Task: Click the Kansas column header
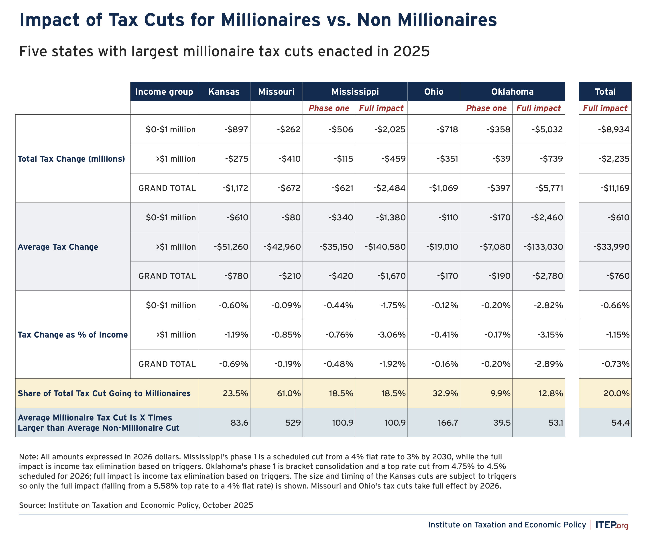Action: pyautogui.click(x=224, y=92)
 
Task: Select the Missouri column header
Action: pyautogui.click(x=276, y=92)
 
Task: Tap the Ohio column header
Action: pyautogui.click(x=433, y=92)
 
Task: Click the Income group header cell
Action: pyautogui.click(x=164, y=92)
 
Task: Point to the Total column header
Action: pyautogui.click(x=605, y=92)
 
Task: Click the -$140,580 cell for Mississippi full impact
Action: pyautogui.click(x=385, y=247)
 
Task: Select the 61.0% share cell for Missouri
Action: pyautogui.click(x=289, y=393)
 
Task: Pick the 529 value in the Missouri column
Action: pyautogui.click(x=293, y=422)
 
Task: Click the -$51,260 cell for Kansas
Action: pyautogui.click(x=231, y=247)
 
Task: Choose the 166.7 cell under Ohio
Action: pyautogui.click(x=448, y=422)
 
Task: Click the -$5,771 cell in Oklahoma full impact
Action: pyautogui.click(x=549, y=188)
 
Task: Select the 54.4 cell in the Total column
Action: pyautogui.click(x=620, y=422)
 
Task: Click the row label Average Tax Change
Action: pyautogui.click(x=58, y=247)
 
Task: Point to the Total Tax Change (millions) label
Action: pyautogui.click(x=71, y=159)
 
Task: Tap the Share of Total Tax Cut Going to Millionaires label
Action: pyautogui.click(x=104, y=393)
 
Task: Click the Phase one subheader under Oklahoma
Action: pyautogui.click(x=486, y=108)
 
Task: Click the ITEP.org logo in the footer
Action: pyautogui.click(x=612, y=525)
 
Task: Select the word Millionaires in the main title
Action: pyautogui.click(x=271, y=20)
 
